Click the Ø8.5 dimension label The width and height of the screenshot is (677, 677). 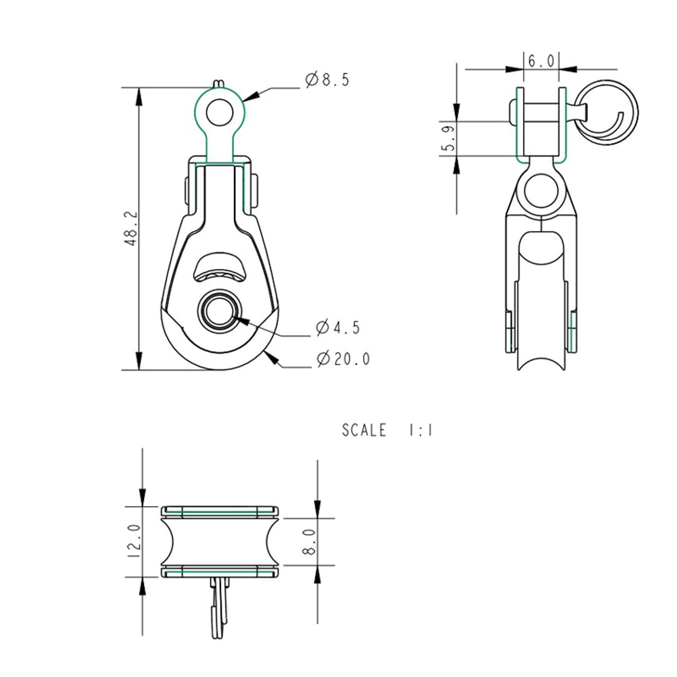click(327, 80)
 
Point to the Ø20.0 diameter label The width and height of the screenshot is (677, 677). click(343, 359)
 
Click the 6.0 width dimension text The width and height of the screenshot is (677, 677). click(541, 61)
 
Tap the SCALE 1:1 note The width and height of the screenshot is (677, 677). click(387, 431)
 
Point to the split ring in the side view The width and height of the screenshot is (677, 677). click(608, 112)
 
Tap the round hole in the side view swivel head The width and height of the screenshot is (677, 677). click(540, 189)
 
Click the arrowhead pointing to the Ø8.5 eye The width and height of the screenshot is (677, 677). click(250, 96)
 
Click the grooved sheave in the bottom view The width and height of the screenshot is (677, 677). click(220, 541)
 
